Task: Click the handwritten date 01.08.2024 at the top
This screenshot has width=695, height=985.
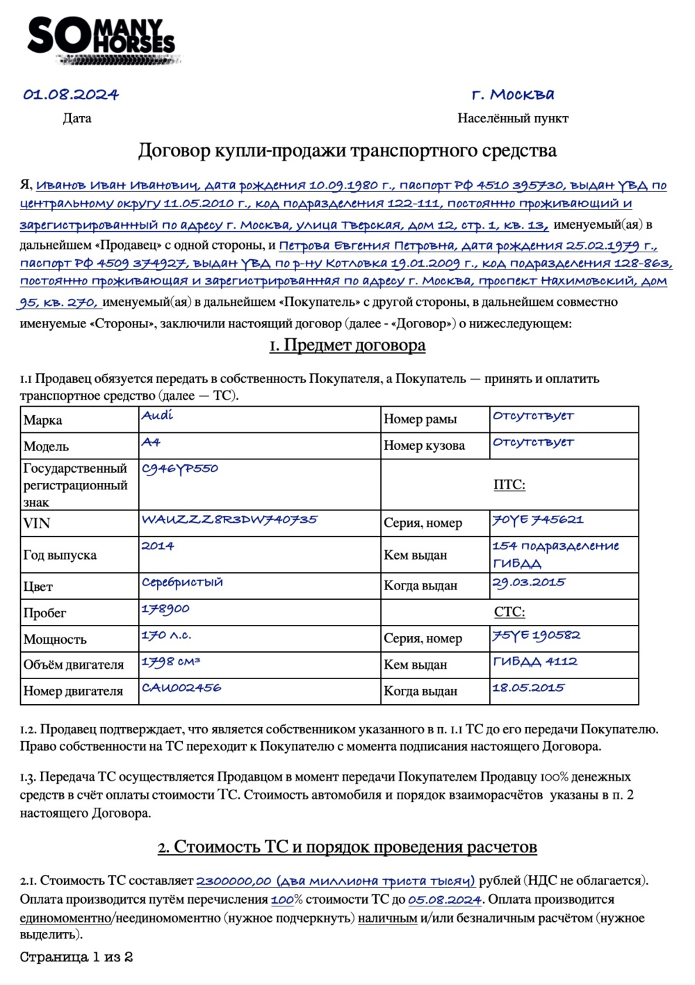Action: [71, 95]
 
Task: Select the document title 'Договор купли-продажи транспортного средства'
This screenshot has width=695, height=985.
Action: [347, 151]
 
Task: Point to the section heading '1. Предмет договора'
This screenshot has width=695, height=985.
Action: [347, 345]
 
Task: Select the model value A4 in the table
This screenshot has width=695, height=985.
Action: [151, 442]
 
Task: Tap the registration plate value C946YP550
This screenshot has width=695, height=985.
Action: [180, 469]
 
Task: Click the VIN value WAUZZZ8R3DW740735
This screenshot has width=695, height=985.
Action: [229, 519]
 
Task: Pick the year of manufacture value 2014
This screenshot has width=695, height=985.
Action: [158, 546]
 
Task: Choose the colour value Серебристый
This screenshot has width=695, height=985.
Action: [182, 582]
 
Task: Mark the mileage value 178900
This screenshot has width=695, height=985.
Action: [165, 609]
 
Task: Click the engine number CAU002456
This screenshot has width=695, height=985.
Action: [181, 687]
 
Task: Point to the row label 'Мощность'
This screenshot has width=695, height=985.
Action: [55, 639]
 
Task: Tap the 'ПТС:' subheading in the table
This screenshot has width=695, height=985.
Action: [509, 485]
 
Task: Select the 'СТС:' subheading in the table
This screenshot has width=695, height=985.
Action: [509, 612]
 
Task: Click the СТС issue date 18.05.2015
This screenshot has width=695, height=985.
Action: [528, 687]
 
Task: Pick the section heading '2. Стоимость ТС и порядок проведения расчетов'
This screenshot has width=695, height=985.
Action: [347, 847]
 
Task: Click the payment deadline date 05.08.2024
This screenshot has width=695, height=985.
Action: [445, 899]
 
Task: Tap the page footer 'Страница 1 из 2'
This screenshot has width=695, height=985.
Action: [76, 957]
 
